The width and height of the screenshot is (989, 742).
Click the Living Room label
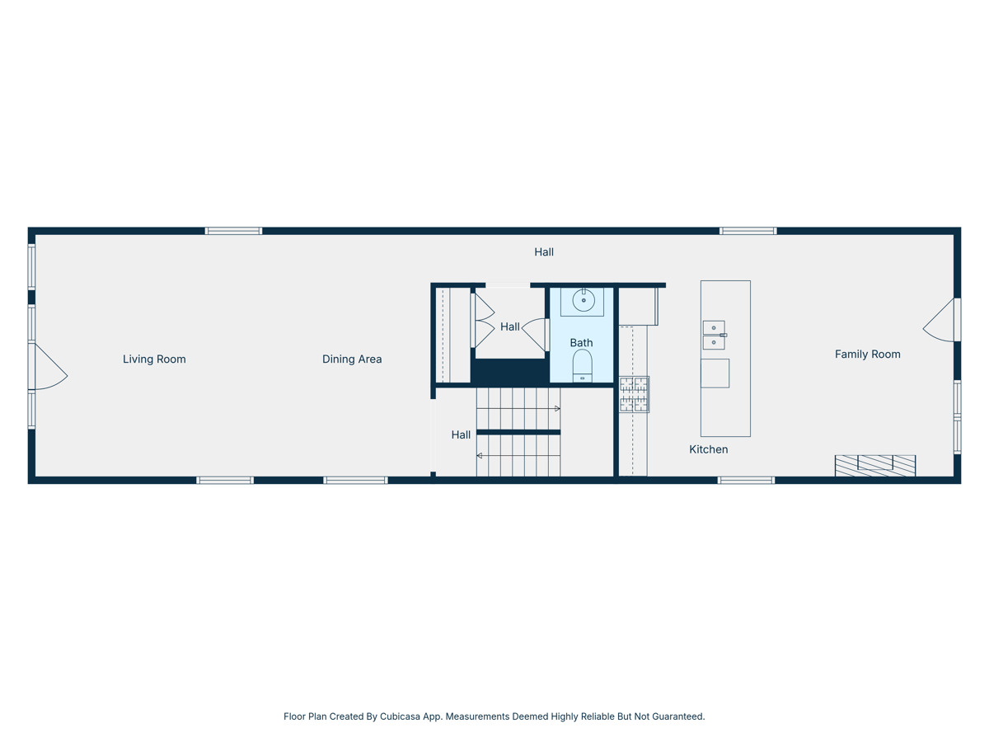154,359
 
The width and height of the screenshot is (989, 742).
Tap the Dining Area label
352,359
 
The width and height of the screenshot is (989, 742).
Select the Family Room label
867,355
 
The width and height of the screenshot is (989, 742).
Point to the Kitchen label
708,449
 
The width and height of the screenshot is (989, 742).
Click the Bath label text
581,343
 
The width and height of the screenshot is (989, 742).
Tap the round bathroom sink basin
584,300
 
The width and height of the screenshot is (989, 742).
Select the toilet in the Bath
582,365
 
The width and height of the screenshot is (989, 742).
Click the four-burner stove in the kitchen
634,394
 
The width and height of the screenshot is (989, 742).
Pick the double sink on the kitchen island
714,336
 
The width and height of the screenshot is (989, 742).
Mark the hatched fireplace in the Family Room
874,466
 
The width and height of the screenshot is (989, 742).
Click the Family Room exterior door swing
940,321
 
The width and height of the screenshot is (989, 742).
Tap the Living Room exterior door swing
49,368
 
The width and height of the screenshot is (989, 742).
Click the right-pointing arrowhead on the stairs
558,409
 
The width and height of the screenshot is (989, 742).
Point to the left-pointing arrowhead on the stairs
480,456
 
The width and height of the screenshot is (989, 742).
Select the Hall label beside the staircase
461,434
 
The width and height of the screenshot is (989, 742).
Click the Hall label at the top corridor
543,252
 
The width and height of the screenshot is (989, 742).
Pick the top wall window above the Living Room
233,232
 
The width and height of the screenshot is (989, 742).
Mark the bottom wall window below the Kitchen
746,480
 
